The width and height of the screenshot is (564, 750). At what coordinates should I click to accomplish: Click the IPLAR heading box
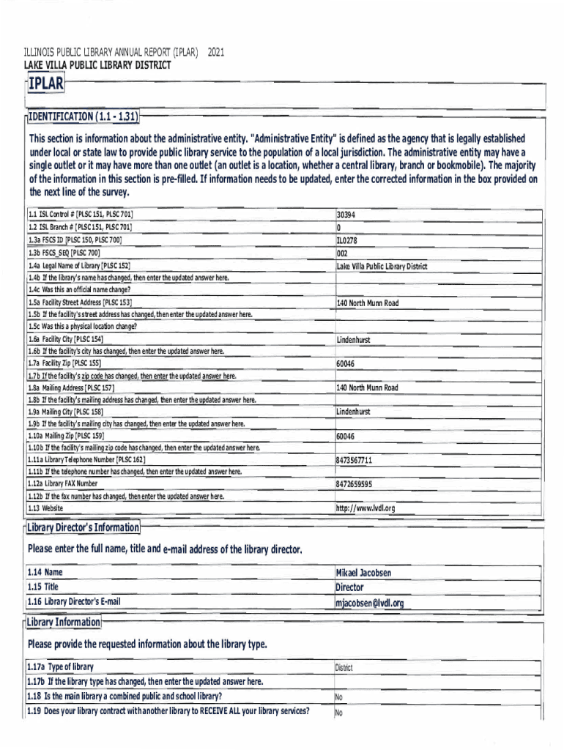click(x=45, y=85)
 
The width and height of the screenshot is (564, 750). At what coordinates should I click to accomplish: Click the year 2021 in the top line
click(x=217, y=53)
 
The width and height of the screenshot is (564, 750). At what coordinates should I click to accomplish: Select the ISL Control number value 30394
click(x=346, y=216)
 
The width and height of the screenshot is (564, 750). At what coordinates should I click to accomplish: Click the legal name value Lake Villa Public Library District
click(x=382, y=267)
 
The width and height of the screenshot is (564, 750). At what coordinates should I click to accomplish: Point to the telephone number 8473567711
click(x=355, y=460)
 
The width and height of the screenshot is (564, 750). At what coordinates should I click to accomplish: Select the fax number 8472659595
click(x=355, y=484)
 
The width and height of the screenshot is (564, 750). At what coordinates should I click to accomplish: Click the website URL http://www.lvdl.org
click(x=366, y=508)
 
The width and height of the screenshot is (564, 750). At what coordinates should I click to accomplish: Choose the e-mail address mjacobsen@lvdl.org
click(x=370, y=603)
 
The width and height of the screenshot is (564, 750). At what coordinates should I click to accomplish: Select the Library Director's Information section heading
click(x=83, y=528)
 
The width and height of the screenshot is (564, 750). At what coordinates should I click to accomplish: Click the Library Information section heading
click(x=64, y=623)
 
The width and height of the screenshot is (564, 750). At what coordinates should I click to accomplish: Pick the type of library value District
click(x=344, y=668)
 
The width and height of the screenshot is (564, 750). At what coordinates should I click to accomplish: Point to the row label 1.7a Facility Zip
click(x=65, y=363)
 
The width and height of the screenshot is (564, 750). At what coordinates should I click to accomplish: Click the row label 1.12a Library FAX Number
click(x=64, y=484)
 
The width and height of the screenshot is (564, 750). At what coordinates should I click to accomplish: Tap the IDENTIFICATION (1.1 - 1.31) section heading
click(x=83, y=116)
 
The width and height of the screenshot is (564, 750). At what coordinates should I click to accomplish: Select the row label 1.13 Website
click(x=46, y=508)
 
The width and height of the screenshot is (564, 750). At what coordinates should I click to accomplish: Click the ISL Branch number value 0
click(x=339, y=228)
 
